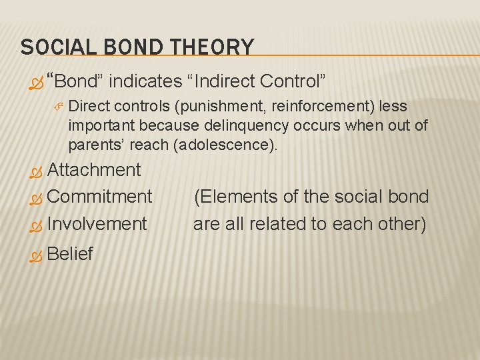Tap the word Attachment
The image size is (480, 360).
pos(94,170)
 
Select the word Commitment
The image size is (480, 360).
pos(100,197)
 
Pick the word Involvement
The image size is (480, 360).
pos(97,224)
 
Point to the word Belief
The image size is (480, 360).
pos(70,254)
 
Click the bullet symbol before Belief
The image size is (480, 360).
pos(37,255)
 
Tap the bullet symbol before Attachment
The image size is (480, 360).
pos(37,171)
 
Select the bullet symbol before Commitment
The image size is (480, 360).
pos(37,198)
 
